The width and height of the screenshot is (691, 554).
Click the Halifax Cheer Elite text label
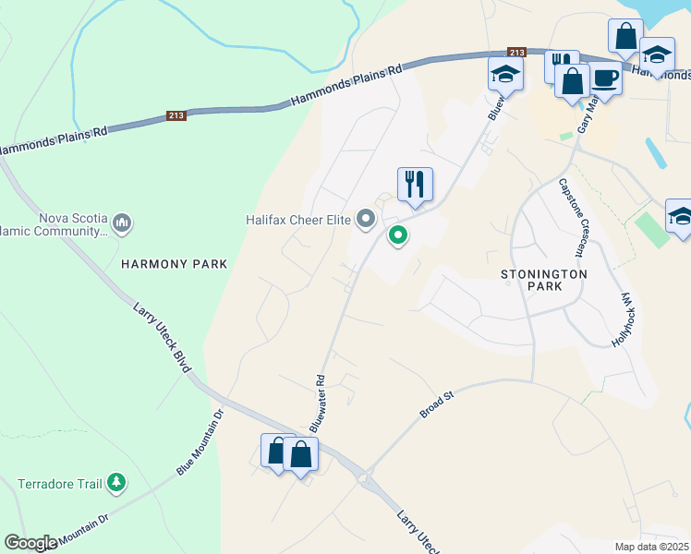(x=299, y=220)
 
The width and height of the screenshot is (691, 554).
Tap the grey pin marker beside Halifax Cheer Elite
(x=367, y=220)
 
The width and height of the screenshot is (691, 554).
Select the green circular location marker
(x=398, y=236)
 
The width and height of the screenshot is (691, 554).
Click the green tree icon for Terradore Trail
(x=115, y=482)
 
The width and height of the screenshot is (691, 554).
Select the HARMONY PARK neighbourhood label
(x=174, y=264)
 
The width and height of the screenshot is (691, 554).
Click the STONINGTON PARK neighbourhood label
(x=543, y=282)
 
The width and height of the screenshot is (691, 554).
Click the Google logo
(x=30, y=543)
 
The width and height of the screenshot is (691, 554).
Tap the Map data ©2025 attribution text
(x=652, y=547)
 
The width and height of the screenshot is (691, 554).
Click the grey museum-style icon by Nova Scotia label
(x=122, y=223)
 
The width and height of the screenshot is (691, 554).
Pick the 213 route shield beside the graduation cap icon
(x=516, y=53)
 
